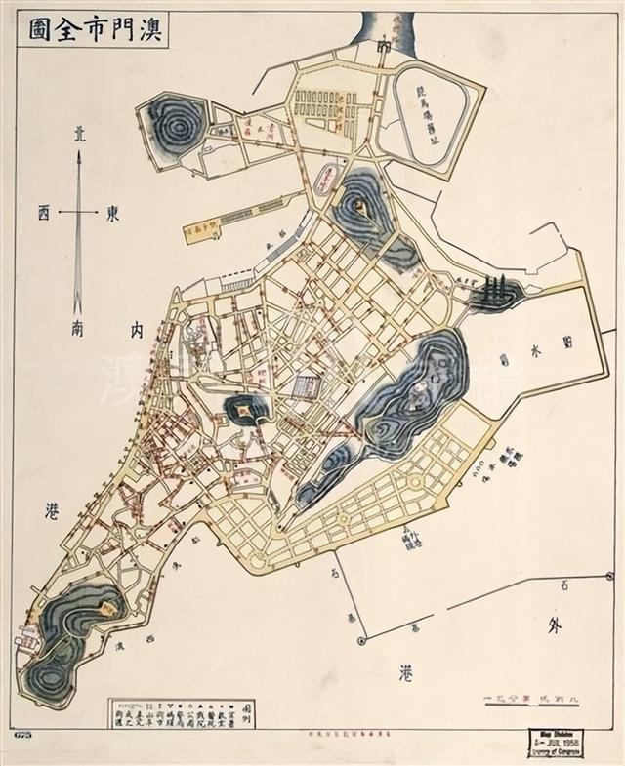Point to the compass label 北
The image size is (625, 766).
pyautogui.click(x=78, y=138)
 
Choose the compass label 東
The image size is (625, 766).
pyautogui.click(x=113, y=211)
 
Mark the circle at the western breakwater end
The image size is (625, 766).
pyautogui.click(x=361, y=640)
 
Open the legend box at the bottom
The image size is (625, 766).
pyautogui.click(x=181, y=712)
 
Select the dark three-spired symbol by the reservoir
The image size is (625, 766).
pyautogui.click(x=495, y=290)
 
